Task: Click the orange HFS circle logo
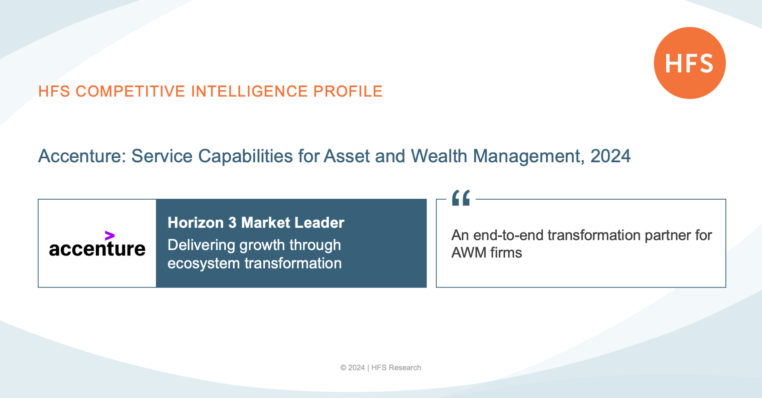[690, 63]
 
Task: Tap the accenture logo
[97, 244]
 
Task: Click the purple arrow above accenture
[110, 236]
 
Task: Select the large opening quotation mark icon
[461, 198]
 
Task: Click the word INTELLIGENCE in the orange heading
[249, 91]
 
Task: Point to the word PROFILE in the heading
[348, 91]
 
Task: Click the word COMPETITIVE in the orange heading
[131, 91]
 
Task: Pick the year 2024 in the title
[610, 156]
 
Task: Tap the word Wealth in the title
[439, 156]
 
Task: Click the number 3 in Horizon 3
[232, 223]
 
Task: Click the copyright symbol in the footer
[343, 368]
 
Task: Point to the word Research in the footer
[405, 368]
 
